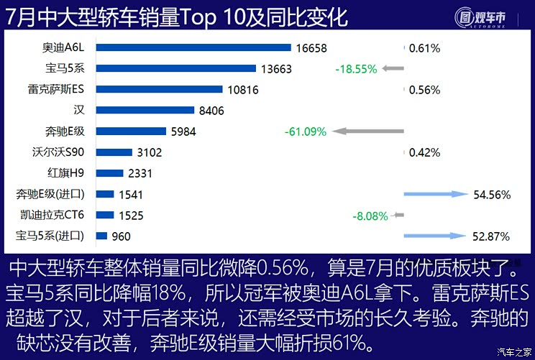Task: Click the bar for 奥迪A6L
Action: [193, 47]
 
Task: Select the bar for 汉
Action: [145, 110]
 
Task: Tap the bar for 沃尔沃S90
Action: [114, 152]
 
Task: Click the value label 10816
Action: [242, 90]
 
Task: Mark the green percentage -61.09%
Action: [306, 131]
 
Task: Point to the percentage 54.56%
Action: [492, 195]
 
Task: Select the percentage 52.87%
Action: [492, 236]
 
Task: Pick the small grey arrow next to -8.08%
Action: [398, 215]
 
